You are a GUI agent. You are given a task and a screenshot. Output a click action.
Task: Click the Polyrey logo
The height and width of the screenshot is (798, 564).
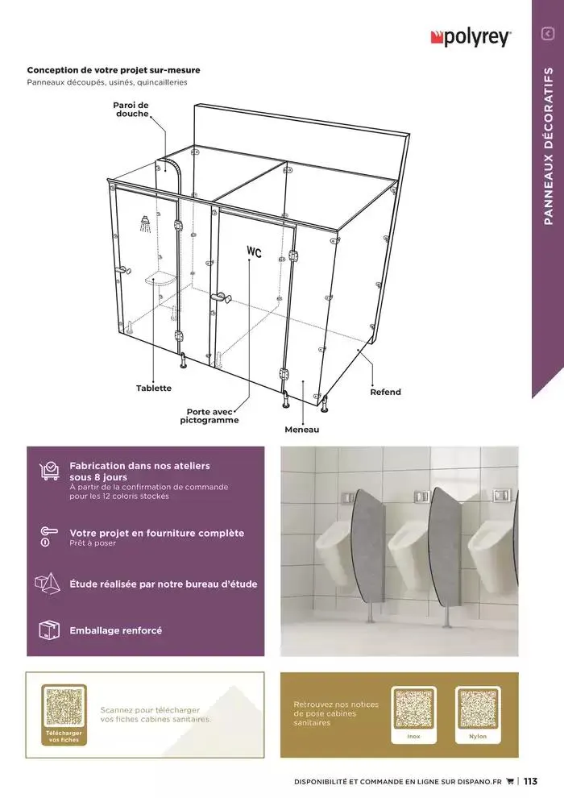pos(471,36)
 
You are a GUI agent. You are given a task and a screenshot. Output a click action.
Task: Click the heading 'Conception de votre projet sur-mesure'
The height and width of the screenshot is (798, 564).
pos(114,70)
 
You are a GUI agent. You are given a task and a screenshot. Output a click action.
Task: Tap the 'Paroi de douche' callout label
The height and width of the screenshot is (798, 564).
pos(131,110)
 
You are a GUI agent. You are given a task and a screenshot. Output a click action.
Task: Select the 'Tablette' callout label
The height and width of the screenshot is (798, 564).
pos(153,389)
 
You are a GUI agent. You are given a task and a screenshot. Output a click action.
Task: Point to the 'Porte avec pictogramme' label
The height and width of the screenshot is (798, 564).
pos(209,416)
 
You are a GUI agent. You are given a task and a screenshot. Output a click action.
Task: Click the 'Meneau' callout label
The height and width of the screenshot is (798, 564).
pos(301,430)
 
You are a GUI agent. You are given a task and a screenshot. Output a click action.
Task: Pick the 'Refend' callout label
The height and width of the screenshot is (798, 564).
pos(385,393)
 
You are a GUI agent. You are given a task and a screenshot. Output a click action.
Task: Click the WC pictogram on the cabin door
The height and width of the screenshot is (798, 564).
pos(255,252)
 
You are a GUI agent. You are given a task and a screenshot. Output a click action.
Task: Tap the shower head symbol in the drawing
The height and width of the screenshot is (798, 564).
pos(144,222)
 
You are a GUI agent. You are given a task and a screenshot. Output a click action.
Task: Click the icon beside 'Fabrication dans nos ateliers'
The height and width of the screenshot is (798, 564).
pos(49,472)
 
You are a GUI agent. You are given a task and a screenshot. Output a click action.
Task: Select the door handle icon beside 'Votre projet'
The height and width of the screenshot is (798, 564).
pos(48,536)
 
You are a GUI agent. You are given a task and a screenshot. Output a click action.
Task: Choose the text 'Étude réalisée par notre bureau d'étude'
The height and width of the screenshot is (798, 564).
pos(164,584)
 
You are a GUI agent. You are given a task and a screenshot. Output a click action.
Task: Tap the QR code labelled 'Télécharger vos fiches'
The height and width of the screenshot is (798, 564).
pos(64,709)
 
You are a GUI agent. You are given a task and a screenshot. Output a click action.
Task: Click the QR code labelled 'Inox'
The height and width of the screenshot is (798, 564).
pos(413,709)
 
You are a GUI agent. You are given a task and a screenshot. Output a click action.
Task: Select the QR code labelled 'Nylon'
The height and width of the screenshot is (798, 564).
pos(478,709)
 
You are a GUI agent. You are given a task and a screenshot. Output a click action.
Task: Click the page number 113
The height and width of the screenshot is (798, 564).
pos(530,781)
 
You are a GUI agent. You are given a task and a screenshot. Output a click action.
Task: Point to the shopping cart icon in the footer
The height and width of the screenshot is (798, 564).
pos(509,781)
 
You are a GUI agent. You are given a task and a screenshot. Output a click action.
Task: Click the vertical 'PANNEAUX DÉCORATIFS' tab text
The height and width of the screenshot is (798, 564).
pos(548,145)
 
